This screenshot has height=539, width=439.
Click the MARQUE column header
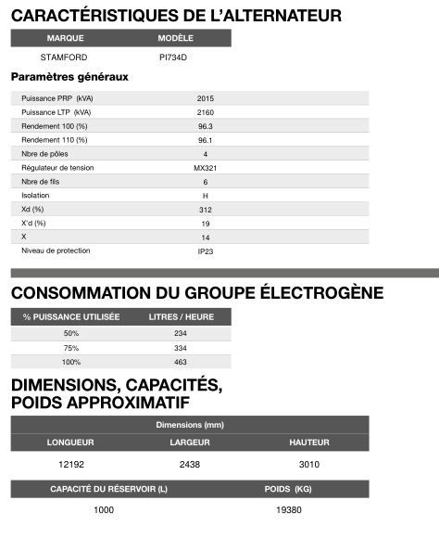tap(65, 39)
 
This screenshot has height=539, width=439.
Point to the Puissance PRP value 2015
tap(205, 98)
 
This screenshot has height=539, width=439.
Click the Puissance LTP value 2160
tap(205, 112)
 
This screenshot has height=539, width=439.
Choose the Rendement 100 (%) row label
tap(54, 126)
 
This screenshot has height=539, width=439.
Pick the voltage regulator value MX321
tap(205, 168)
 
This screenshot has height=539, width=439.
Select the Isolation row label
tap(35, 196)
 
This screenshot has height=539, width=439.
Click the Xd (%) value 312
tap(205, 210)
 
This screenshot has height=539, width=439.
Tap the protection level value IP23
tap(205, 251)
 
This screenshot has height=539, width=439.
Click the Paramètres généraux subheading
tap(69, 77)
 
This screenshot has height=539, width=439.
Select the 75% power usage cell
tap(71, 347)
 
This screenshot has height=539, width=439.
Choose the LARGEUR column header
tap(189, 442)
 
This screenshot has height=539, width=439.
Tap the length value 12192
tap(71, 463)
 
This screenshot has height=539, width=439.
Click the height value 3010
tap(309, 463)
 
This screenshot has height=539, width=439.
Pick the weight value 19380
tap(288, 510)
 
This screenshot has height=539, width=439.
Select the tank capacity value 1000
tap(104, 510)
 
